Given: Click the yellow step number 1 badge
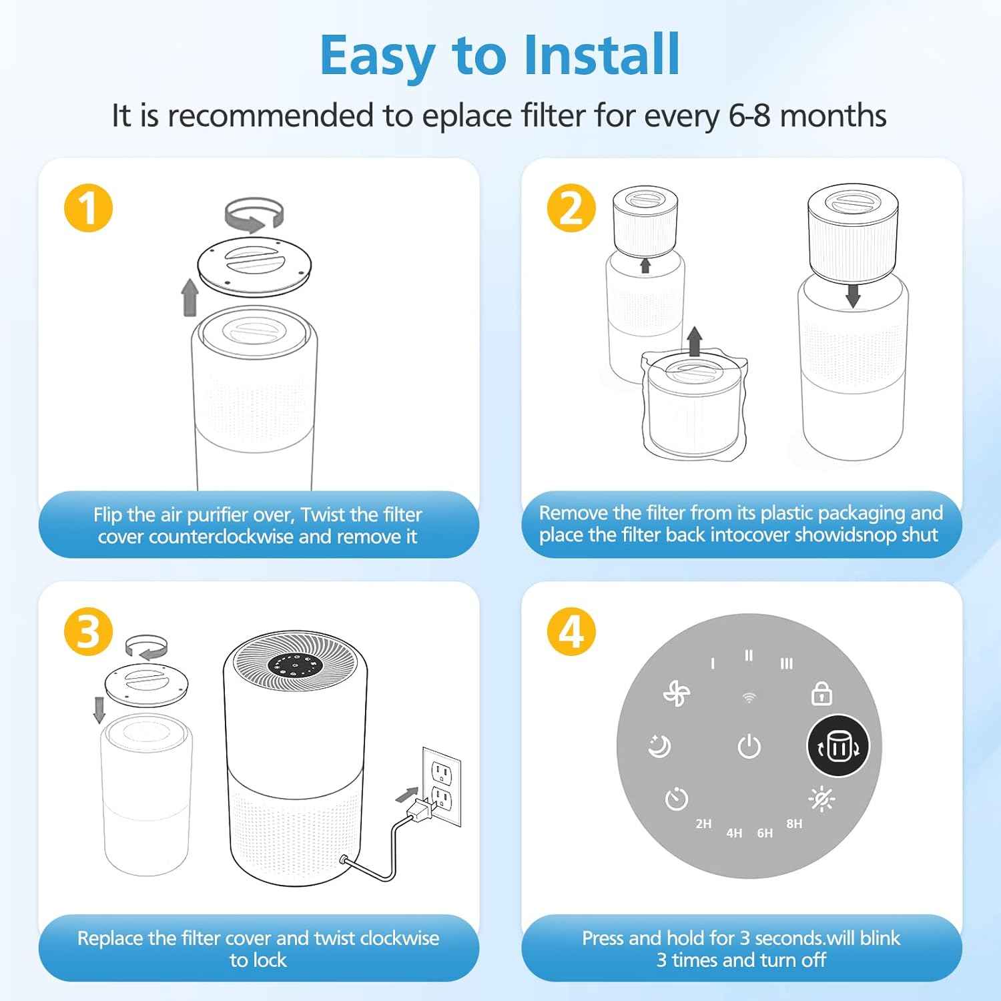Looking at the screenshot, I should (88, 208).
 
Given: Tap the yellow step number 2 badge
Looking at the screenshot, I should (571, 208).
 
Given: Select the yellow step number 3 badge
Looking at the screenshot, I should (88, 631).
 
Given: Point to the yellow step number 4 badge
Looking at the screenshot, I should (571, 631).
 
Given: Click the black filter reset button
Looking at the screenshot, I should (838, 746).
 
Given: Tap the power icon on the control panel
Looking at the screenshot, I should (749, 746).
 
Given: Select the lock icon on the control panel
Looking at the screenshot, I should (821, 694).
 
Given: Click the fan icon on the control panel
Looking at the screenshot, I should (676, 694).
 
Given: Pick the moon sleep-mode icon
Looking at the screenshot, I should (659, 746).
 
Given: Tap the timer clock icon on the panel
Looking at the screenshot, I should (676, 798).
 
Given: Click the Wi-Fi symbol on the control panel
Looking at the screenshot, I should (749, 698).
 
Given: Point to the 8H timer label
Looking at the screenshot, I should (794, 823).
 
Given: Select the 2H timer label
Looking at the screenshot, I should (703, 823).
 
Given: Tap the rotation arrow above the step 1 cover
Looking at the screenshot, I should (254, 215).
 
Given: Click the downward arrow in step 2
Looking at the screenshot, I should (852, 295).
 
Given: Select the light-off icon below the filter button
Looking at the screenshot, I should (821, 799).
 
